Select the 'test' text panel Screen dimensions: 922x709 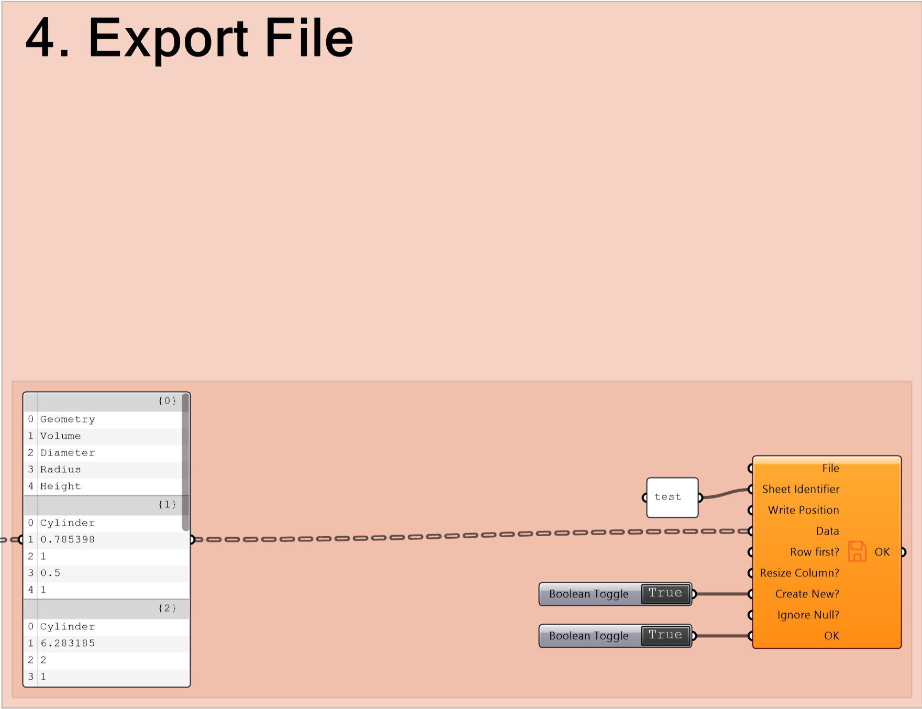pyautogui.click(x=672, y=497)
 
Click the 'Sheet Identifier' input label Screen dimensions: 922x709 pyautogui.click(x=801, y=489)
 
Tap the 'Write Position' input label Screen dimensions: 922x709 pyautogui.click(x=803, y=510)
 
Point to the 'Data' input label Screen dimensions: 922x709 pyautogui.click(x=827, y=531)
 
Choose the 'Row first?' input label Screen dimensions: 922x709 pyautogui.click(x=815, y=552)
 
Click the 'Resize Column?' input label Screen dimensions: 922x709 pyautogui.click(x=799, y=573)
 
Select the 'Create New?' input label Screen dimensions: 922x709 pyautogui.click(x=807, y=594)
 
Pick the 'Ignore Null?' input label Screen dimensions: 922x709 pyautogui.click(x=808, y=615)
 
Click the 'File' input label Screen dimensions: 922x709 pyautogui.click(x=830, y=468)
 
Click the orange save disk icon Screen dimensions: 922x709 pyautogui.click(x=857, y=551)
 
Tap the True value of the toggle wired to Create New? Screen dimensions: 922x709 pyautogui.click(x=665, y=593)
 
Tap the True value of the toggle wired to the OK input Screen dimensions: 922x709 pyautogui.click(x=665, y=635)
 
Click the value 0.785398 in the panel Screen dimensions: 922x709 pyautogui.click(x=68, y=539)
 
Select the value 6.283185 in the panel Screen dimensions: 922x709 pyautogui.click(x=68, y=643)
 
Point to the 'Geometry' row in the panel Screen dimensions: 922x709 pyautogui.click(x=68, y=419)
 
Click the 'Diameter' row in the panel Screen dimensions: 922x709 pyautogui.click(x=68, y=453)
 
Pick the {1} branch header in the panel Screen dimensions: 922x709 pyautogui.click(x=167, y=504)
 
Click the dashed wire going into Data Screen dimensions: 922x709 pyautogui.click(x=472, y=535)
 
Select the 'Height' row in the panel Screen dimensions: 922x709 pyautogui.click(x=61, y=486)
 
